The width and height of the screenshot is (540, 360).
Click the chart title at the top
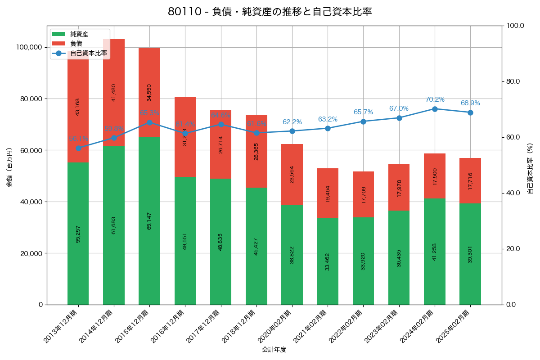(270, 12)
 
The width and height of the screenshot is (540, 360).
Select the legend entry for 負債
(76, 44)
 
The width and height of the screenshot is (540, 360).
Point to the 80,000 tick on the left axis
(28, 99)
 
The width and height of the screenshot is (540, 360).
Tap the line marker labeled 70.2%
(435, 109)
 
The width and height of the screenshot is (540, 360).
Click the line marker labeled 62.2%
(292, 131)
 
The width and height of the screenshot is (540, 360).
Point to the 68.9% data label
(470, 103)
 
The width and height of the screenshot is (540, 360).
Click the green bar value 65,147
(149, 221)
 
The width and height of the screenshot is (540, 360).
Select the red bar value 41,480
(114, 92)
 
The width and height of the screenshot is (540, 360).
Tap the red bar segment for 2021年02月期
(328, 193)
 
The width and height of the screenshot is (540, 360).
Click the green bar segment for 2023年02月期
(399, 257)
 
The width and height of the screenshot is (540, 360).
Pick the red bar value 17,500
(435, 176)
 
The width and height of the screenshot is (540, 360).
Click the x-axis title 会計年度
(274, 349)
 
